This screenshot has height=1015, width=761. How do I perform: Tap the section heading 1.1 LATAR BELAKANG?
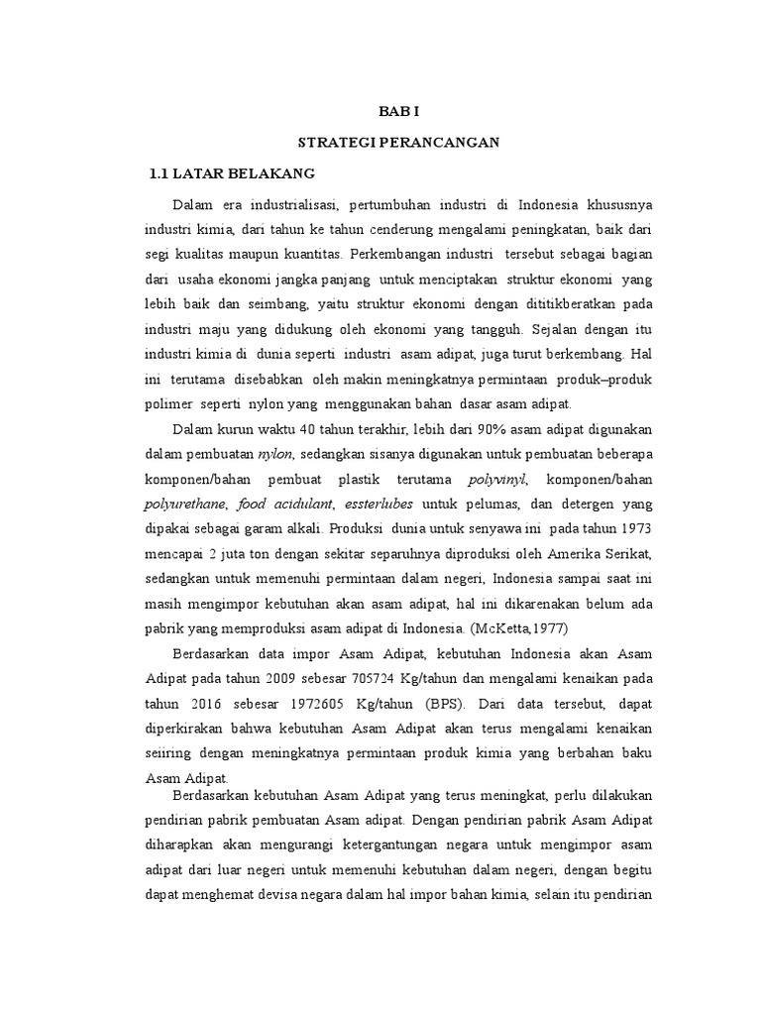tap(231, 173)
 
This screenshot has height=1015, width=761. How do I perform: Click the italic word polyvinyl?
tap(500, 479)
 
